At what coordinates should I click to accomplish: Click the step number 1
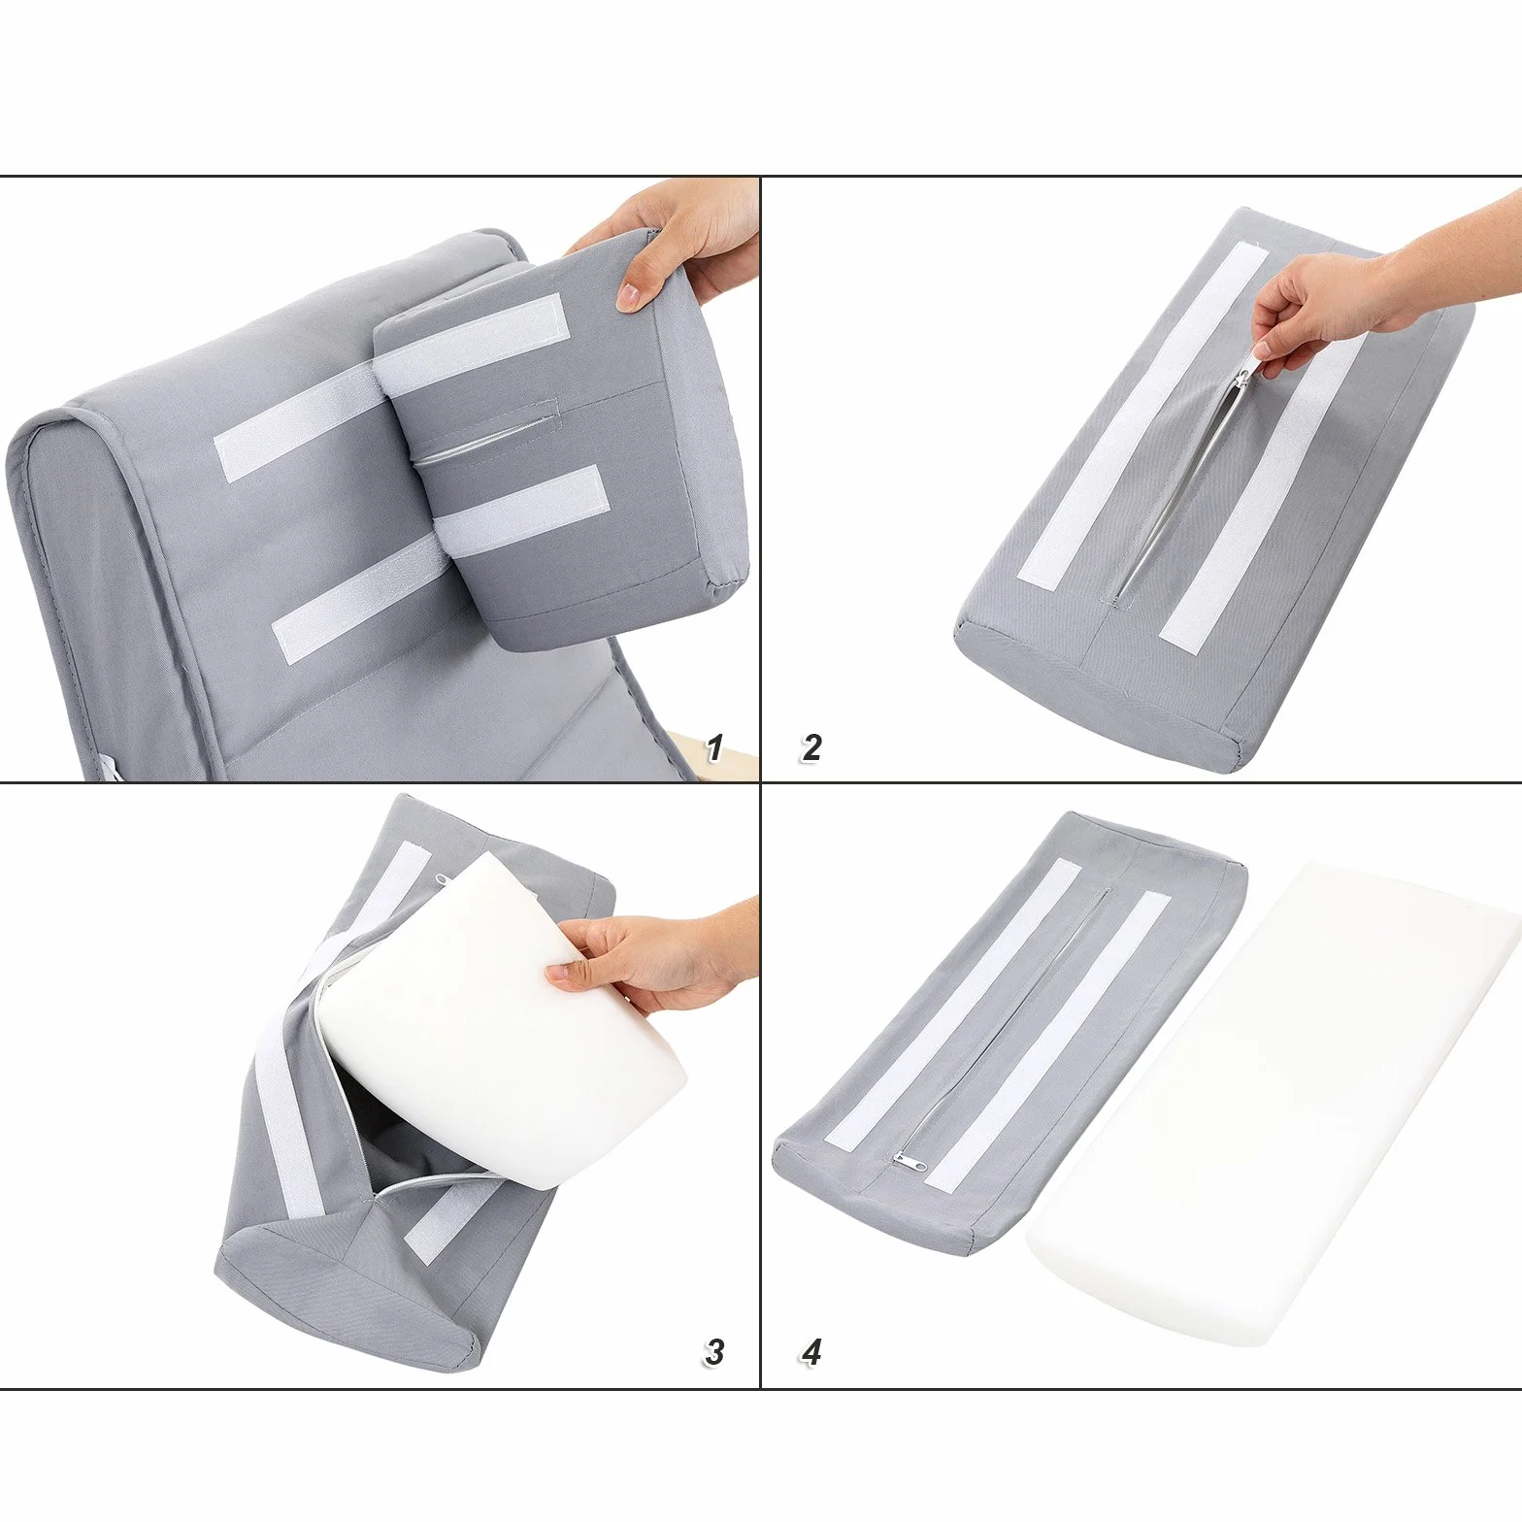(714, 747)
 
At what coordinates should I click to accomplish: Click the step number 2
(811, 747)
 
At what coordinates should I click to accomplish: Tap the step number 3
(714, 1351)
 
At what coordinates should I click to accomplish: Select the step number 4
(811, 1351)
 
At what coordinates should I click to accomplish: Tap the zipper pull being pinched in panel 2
(1246, 373)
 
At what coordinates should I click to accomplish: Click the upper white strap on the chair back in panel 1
(296, 427)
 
